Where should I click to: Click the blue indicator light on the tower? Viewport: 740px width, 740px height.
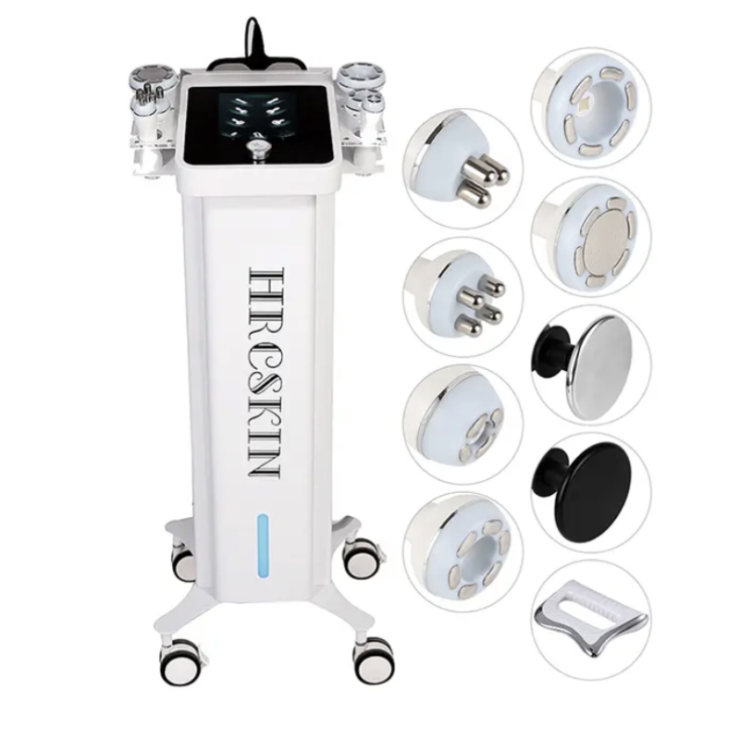[x=263, y=545]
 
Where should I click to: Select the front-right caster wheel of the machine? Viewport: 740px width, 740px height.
[x=373, y=658]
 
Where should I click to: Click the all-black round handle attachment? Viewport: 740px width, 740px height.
[x=584, y=492]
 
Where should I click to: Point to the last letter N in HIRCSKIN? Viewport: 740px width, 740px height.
[x=264, y=463]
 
